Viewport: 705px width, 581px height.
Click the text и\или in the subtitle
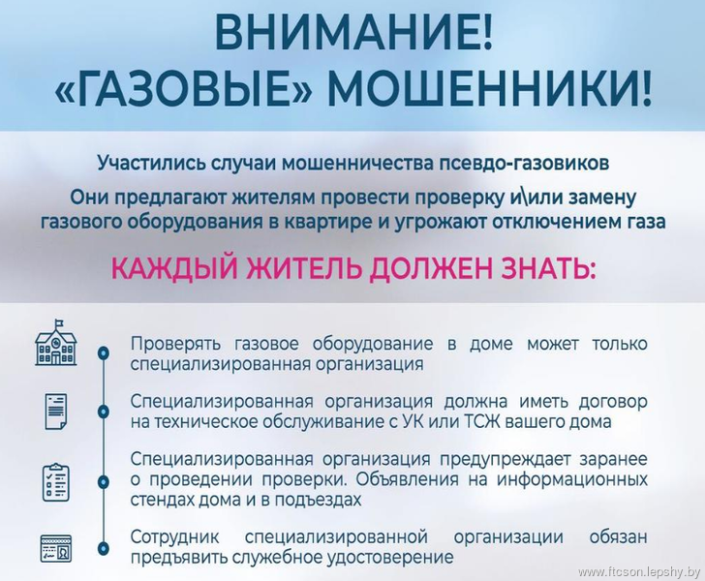click(536, 199)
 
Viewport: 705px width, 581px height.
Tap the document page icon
click(56, 412)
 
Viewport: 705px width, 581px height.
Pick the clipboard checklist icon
click(56, 482)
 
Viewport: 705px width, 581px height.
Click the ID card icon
click(56, 548)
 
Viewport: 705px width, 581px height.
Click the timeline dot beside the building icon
click(104, 353)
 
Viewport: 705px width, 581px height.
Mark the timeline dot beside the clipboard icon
click(104, 481)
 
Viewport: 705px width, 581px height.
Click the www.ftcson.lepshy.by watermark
click(639, 572)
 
